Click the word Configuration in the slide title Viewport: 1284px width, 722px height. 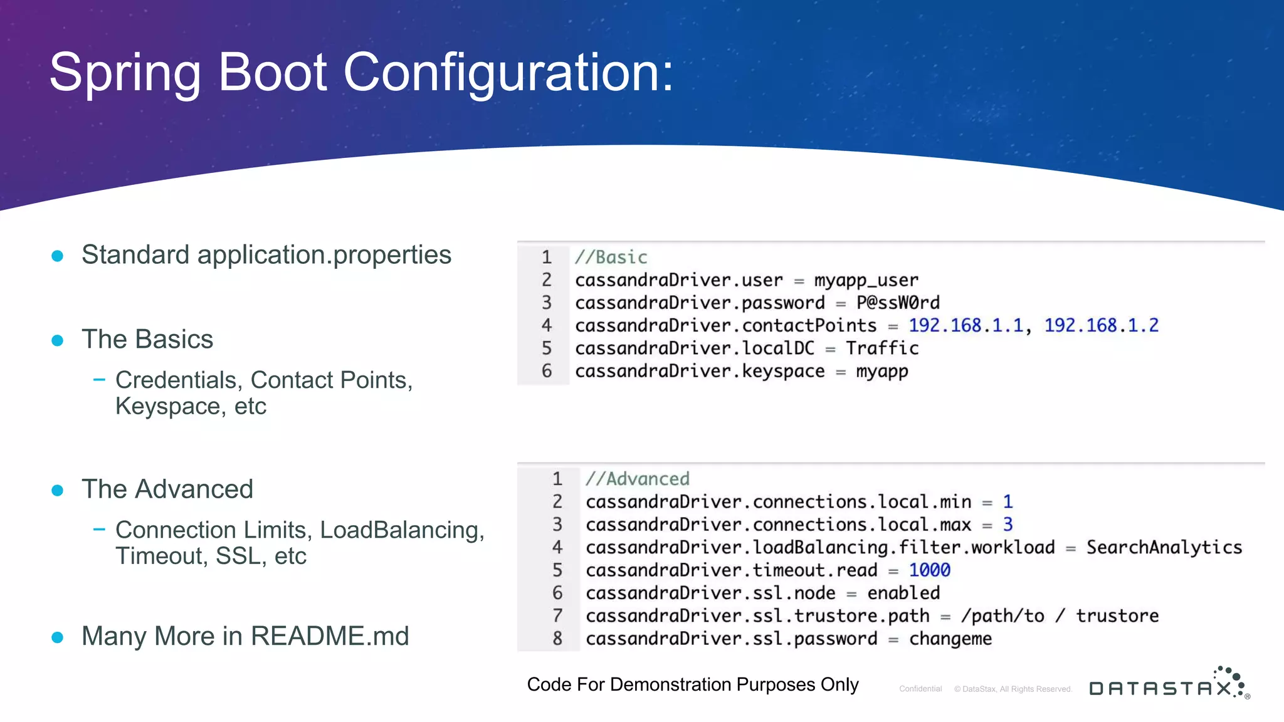pyautogui.click(x=508, y=73)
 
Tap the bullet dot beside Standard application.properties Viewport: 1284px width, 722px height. pyautogui.click(x=58, y=256)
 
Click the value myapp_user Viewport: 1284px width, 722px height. pyautogui.click(x=866, y=280)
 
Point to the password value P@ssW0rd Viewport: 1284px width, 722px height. pyautogui.click(x=898, y=303)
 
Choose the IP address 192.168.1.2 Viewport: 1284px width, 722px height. pyautogui.click(x=1101, y=325)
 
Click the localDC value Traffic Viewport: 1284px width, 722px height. pyautogui.click(x=882, y=348)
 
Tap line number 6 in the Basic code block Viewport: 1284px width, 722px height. pyautogui.click(x=547, y=371)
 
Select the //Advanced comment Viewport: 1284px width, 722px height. pyautogui.click(x=638, y=479)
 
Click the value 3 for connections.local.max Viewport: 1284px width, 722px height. pyautogui.click(x=1008, y=525)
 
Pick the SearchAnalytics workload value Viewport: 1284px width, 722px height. pyautogui.click(x=1164, y=548)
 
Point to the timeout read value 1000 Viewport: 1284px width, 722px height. pyautogui.click(x=929, y=570)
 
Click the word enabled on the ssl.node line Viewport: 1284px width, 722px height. pyautogui.click(x=903, y=593)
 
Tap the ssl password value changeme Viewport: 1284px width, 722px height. pyautogui.click(x=950, y=639)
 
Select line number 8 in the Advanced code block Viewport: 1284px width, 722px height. pyautogui.click(x=557, y=639)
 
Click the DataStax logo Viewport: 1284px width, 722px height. pyautogui.click(x=1169, y=685)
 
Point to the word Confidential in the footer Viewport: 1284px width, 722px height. pyautogui.click(x=920, y=689)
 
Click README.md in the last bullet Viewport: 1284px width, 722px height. pyautogui.click(x=330, y=637)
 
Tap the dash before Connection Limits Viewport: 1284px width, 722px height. pyautogui.click(x=99, y=530)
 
